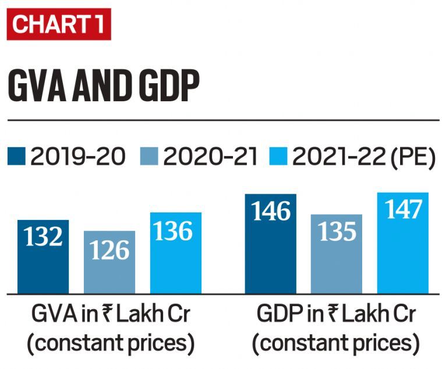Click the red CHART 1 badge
58,24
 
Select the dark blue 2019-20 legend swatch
17,157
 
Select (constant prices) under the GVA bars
110,344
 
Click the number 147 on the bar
402,210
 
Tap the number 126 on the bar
109,250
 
